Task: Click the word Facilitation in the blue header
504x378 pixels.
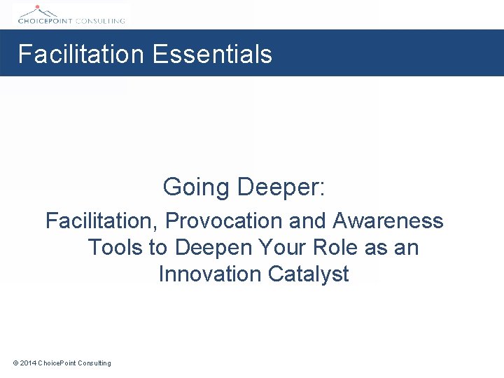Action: pos(80,54)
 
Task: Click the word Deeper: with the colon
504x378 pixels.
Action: pos(281,188)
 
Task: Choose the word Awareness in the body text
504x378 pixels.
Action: pos(388,221)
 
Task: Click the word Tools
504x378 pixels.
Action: pos(115,248)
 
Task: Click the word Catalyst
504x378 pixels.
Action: pos(308,274)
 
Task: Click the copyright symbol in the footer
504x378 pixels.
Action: pos(15,363)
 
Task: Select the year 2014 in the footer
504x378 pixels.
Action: pos(28,363)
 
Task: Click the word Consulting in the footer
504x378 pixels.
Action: pos(94,363)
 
